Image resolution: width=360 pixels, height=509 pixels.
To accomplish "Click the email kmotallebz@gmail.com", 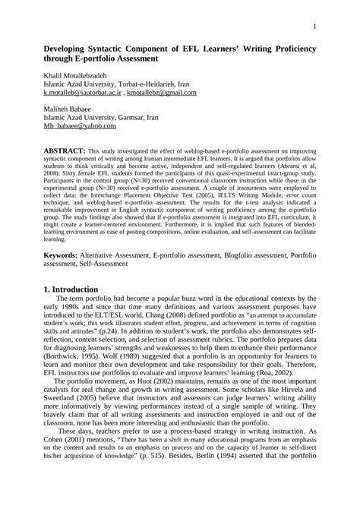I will tap(162, 93).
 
